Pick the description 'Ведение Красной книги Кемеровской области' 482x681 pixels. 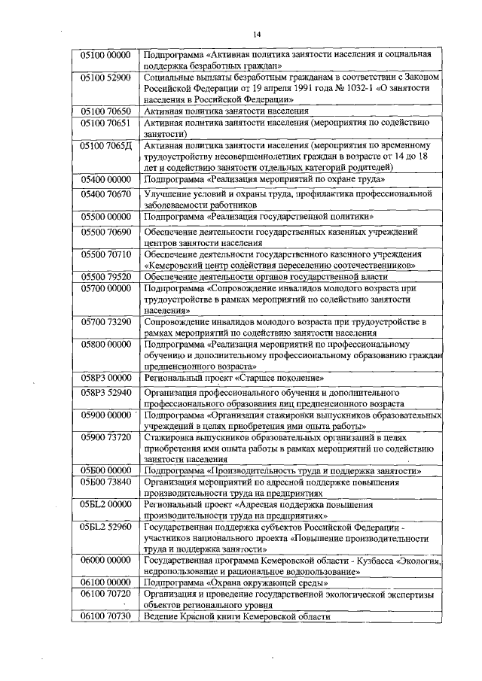tap(237, 616)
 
